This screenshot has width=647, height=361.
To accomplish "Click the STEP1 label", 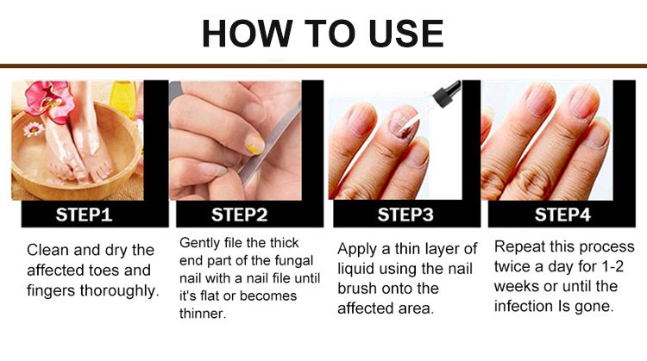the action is point(84,215).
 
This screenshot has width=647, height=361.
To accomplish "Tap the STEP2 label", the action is point(239,215).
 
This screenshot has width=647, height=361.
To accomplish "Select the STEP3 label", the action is point(405,215).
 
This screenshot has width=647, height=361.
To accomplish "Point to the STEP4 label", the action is point(562,215).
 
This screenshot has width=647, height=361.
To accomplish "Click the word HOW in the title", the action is point(248,34).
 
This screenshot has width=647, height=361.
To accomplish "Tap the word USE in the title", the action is point(406,34).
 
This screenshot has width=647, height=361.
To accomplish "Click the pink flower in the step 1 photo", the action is point(49,100).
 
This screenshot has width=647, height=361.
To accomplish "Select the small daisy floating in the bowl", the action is point(34,129).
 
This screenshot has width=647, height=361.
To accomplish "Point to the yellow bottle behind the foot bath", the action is point(123,98).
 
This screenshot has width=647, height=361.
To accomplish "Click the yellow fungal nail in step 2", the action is point(254,143).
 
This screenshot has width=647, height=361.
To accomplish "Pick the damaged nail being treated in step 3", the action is point(401,123).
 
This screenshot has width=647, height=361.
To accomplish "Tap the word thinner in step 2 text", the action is point(203,314).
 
